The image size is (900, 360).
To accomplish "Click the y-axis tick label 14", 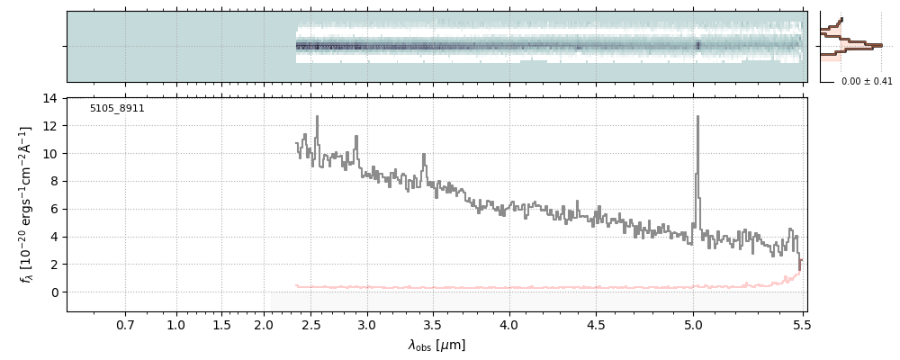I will (50, 98).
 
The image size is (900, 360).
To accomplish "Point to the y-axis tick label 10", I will (50, 154).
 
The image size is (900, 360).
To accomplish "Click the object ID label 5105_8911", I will (117, 109).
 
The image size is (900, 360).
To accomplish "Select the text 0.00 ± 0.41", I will (867, 81).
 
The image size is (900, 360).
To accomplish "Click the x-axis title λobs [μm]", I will (436, 345).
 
